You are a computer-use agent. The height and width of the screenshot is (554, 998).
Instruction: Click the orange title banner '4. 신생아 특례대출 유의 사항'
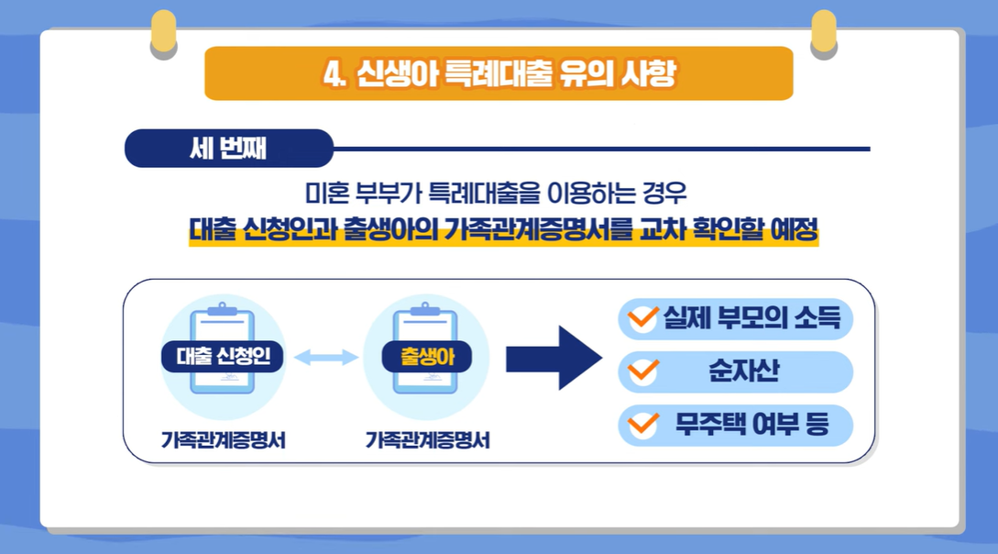[499, 73]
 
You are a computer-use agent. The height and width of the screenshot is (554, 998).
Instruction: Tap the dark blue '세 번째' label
[228, 149]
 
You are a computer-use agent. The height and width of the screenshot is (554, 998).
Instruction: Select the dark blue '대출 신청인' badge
[223, 356]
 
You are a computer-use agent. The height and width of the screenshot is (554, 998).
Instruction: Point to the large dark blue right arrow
[554, 358]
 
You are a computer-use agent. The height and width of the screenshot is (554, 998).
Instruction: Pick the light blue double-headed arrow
[326, 357]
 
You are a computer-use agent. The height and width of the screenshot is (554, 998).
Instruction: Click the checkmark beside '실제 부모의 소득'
[642, 318]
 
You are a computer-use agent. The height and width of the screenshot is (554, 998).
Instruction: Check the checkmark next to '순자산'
[642, 371]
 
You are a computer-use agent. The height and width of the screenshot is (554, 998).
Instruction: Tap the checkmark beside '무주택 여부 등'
[642, 424]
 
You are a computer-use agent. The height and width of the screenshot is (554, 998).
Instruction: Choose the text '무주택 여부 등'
[751, 425]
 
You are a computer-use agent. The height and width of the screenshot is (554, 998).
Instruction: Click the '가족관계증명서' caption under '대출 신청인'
[223, 439]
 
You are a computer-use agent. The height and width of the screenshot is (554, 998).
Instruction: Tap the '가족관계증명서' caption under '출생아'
[426, 439]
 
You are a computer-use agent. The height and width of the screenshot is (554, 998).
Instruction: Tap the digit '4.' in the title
[334, 73]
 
